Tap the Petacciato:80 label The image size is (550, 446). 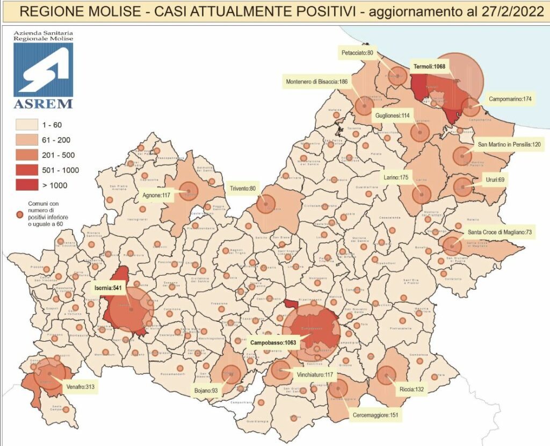[360, 53]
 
